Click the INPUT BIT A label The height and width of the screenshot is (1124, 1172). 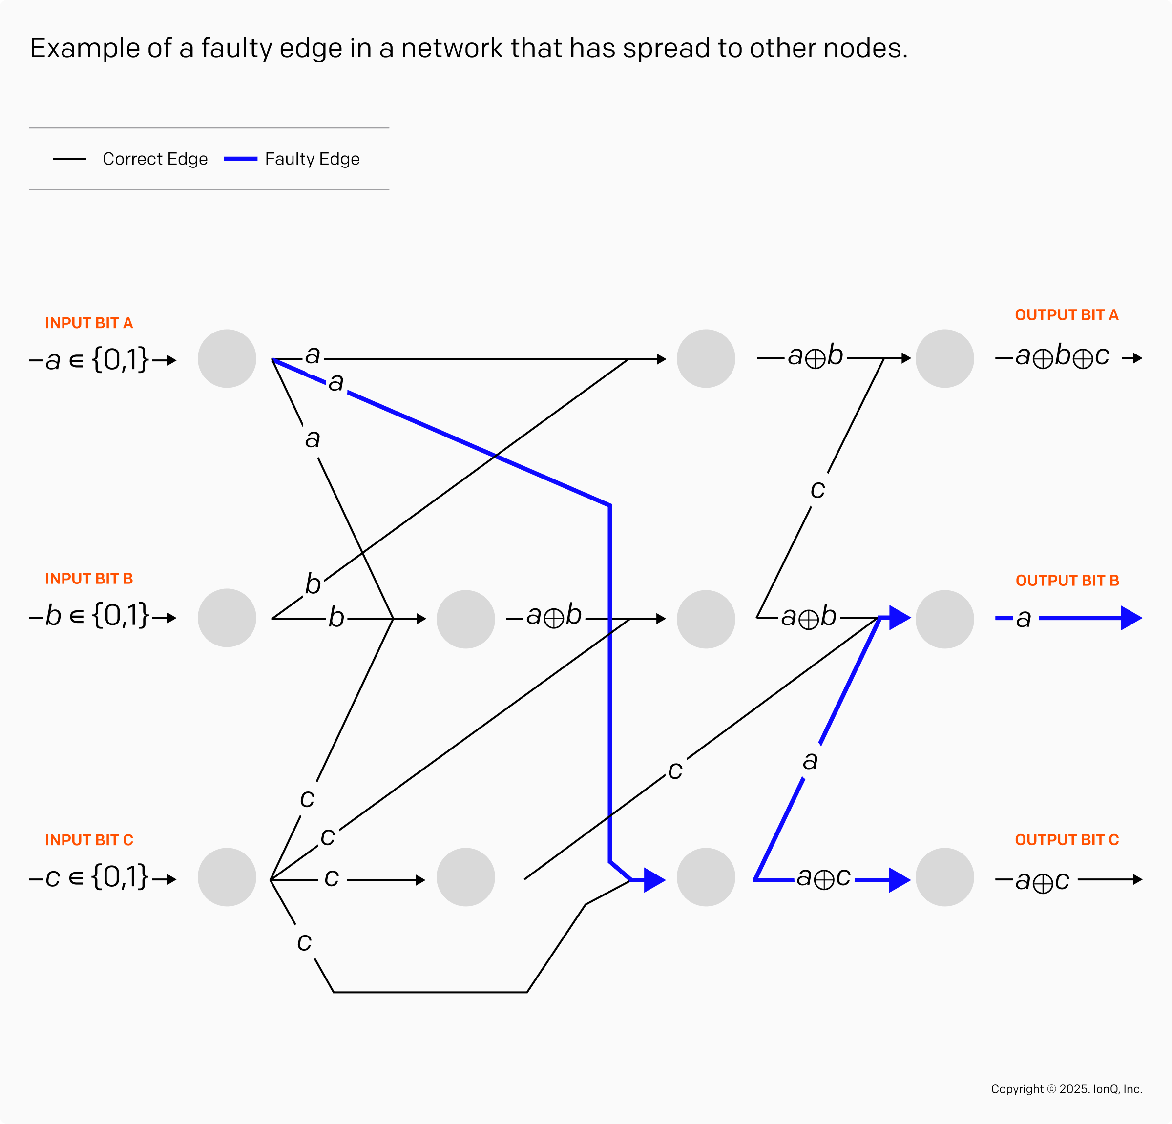[x=89, y=323]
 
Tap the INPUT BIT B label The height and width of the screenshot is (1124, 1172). [x=89, y=578]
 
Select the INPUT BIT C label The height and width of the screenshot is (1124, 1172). [x=89, y=839]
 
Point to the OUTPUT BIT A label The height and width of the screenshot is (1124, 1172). [x=1066, y=315]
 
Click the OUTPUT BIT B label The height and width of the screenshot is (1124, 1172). [x=1067, y=581]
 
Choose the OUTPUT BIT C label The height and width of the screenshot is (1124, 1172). [x=1066, y=839]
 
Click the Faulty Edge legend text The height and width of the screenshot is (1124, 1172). [x=312, y=159]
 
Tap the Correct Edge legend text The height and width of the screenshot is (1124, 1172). [x=155, y=159]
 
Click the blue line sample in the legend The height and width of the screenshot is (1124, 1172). [x=240, y=159]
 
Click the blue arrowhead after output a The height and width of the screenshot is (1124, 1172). [x=1130, y=618]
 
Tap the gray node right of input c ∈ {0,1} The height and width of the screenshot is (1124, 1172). [x=227, y=876]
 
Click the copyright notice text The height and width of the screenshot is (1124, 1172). [x=1066, y=1089]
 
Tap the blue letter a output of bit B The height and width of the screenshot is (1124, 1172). [x=1023, y=619]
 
